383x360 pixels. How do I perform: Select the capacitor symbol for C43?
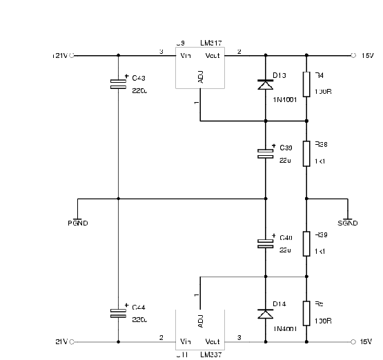[x=119, y=84]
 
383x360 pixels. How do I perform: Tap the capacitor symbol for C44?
[x=119, y=314]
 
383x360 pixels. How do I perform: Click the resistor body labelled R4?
[x=306, y=84]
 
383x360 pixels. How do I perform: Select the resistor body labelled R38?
[x=306, y=152]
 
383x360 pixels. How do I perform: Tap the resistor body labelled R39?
[x=306, y=243]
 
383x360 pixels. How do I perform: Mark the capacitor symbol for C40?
[x=266, y=243]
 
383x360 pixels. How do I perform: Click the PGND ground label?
[x=78, y=223]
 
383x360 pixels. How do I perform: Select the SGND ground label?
[x=348, y=223]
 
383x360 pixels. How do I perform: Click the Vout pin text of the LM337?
[x=213, y=341]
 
